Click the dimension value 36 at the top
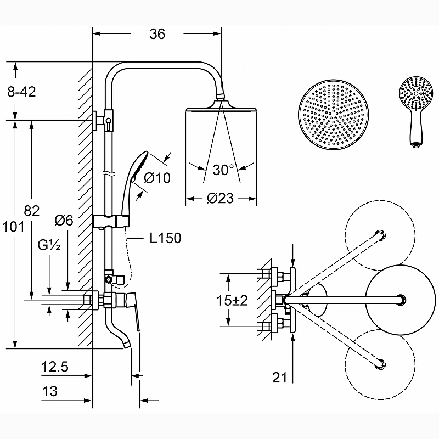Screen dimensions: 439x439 click(x=157, y=34)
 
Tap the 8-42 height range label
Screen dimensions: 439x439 click(x=21, y=92)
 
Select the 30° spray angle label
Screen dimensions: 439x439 click(x=223, y=170)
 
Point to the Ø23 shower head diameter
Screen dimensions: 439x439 click(x=220, y=198)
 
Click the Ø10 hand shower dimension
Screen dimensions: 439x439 click(x=157, y=177)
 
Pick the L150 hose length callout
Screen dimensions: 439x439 click(x=166, y=238)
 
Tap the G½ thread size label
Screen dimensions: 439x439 click(x=49, y=245)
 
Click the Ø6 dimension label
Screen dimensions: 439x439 click(x=64, y=221)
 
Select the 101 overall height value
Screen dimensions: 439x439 click(x=13, y=227)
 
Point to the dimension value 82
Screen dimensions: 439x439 click(x=32, y=211)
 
